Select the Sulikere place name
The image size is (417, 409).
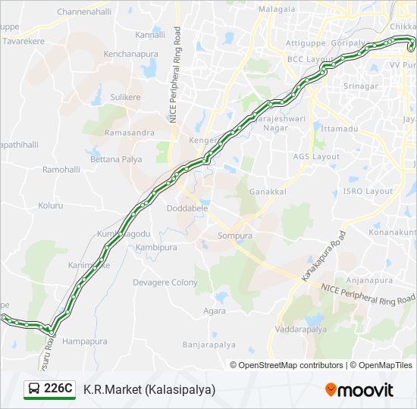(126, 98)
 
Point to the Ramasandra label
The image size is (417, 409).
(130, 133)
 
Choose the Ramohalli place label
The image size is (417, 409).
(61, 170)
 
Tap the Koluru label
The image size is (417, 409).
(51, 205)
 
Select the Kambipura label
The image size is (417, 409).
(157, 248)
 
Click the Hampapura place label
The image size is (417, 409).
(85, 342)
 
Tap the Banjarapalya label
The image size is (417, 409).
(205, 345)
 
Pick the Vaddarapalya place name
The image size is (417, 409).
(302, 330)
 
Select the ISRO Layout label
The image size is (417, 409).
(368, 192)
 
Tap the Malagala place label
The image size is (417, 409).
(277, 9)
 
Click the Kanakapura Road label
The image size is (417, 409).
(323, 258)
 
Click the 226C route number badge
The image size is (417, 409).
(50, 389)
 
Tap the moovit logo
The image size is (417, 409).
(359, 390)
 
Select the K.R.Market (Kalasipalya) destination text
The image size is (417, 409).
(149, 389)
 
